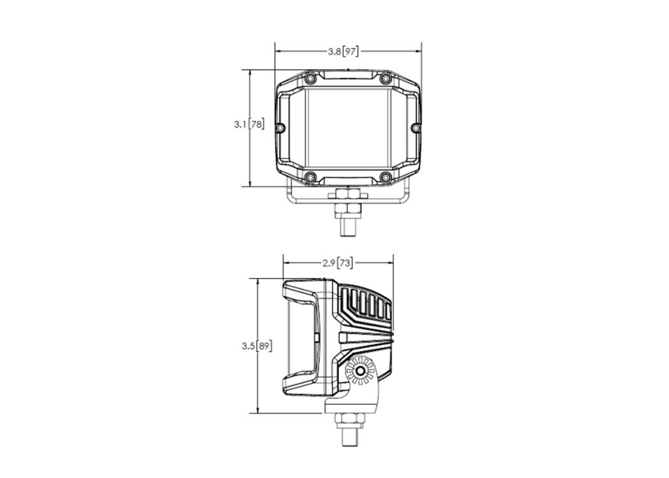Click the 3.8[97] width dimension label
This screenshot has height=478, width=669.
[343, 52]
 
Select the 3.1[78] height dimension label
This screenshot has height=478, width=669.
[248, 125]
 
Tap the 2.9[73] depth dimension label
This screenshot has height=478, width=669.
[338, 263]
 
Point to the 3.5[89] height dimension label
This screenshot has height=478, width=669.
[256, 345]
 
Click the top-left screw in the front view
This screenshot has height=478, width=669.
[312, 78]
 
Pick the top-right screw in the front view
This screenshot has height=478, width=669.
[385, 78]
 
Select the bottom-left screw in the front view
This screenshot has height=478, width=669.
[312, 177]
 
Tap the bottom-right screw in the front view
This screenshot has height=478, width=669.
[385, 177]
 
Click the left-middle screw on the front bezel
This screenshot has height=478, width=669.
[280, 128]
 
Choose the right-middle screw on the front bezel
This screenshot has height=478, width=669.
[415, 127]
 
